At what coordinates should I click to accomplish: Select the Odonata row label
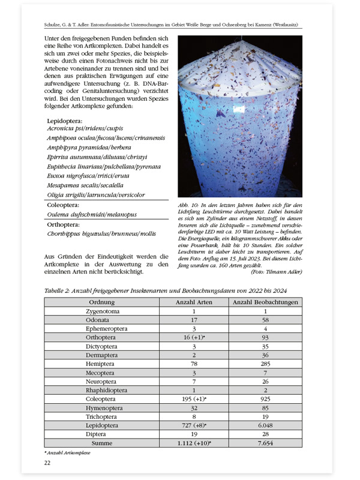click(x=101, y=321)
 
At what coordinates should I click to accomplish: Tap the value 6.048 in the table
click(x=265, y=424)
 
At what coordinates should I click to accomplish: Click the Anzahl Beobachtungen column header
click(x=265, y=302)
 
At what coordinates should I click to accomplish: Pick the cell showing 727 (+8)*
click(x=194, y=424)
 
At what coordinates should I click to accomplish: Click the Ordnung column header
click(x=101, y=302)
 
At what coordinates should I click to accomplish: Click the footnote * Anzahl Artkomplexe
click(x=67, y=452)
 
